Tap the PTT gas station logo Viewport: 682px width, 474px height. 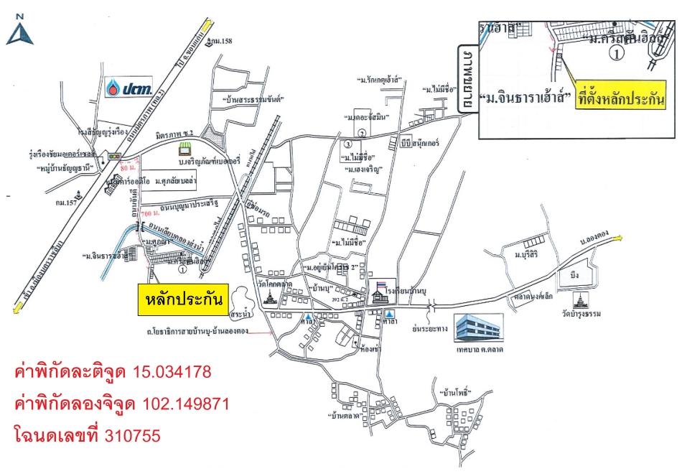(x=129, y=87)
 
